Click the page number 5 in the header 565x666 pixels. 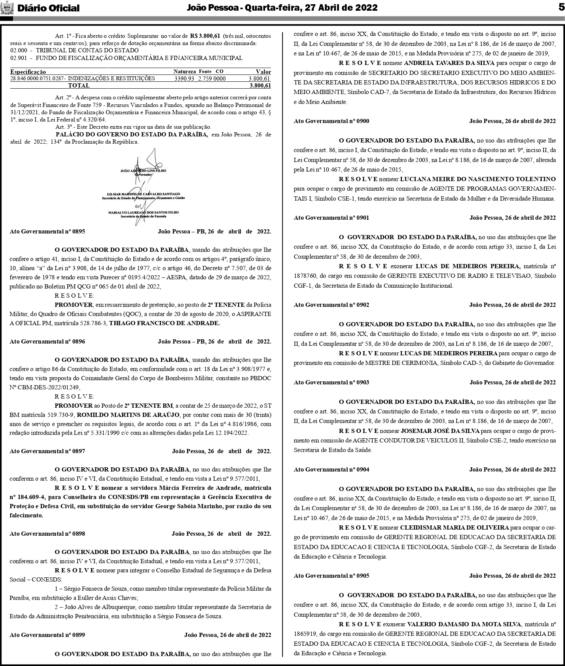561,8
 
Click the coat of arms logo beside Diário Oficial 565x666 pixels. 7,8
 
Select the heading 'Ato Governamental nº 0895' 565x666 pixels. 47,232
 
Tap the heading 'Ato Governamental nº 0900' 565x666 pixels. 331,121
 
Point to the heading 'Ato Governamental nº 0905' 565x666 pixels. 331,575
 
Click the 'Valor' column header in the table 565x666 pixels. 263,72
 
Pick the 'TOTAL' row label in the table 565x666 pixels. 78,86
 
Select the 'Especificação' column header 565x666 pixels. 28,72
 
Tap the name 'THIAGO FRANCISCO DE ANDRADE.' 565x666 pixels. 165,323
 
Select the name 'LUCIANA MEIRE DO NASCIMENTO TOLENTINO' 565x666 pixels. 478,179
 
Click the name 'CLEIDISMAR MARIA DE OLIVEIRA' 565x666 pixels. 454,528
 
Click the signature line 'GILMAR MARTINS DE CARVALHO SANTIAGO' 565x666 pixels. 143,194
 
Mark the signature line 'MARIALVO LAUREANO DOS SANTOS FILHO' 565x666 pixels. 143,212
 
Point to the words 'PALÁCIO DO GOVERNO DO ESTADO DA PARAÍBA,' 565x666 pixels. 132,134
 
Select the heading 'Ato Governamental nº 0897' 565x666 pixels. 47,451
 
